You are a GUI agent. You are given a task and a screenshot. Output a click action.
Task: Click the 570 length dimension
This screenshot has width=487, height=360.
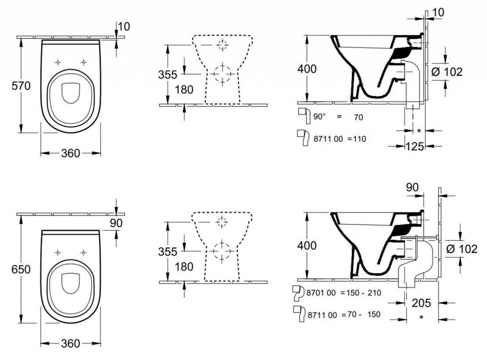[21, 86]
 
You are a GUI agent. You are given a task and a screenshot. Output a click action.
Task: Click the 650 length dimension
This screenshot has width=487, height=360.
[21, 269]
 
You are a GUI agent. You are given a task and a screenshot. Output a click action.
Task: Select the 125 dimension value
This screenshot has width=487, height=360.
[415, 146]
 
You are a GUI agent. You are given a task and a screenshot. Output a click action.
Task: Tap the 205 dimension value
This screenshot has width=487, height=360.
[421, 303]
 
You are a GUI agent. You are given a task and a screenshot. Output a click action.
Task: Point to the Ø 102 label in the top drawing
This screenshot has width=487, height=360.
[447, 72]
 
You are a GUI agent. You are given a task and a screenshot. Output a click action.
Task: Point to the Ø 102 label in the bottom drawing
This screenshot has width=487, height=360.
[461, 249]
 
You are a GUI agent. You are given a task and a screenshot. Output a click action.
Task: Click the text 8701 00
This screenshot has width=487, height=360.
[321, 293]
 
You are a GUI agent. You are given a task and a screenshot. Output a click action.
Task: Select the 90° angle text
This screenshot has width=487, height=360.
[320, 117]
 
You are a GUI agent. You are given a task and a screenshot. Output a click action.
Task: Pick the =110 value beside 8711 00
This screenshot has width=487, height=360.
[357, 139]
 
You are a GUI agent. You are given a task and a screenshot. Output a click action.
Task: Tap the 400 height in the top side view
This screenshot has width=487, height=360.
[307, 69]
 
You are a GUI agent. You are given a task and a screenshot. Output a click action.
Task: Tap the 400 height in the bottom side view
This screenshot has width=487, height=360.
[307, 246]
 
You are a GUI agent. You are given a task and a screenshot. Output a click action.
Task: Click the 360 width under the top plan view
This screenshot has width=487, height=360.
[70, 153]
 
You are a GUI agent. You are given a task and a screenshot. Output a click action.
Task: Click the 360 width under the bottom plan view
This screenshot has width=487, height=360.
[70, 343]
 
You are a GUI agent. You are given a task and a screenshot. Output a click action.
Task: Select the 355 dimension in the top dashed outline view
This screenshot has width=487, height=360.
[168, 75]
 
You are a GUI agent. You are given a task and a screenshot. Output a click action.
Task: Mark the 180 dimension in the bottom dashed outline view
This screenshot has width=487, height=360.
[184, 267]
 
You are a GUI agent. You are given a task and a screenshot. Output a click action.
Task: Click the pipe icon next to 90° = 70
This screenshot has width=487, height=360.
[304, 116]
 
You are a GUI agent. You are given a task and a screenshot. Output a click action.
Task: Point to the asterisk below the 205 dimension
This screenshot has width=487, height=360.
[421, 318]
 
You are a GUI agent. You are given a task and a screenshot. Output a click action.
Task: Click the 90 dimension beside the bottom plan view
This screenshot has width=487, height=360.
[116, 223]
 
